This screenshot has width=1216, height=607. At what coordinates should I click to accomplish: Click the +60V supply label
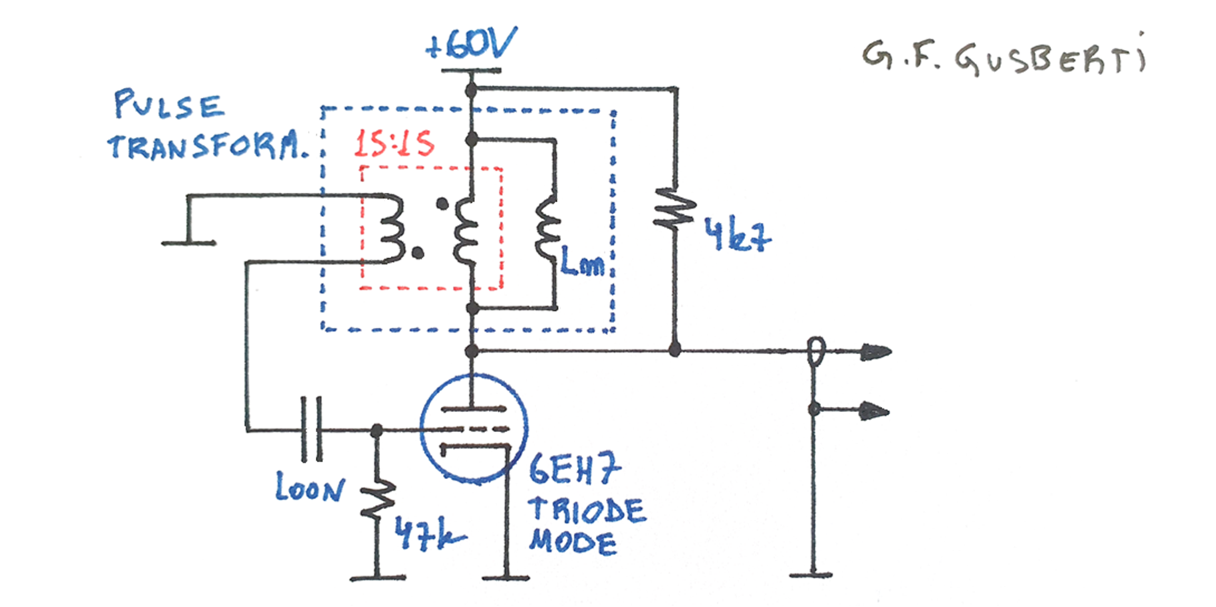point(470,46)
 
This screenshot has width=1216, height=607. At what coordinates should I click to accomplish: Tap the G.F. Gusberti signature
point(1003,57)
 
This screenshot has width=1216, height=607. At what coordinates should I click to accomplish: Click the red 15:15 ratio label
point(394,144)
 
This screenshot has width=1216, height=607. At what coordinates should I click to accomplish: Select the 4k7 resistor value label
point(737,236)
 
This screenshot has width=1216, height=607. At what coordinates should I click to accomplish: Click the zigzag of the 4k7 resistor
point(674,209)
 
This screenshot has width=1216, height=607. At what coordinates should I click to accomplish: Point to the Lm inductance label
point(582,263)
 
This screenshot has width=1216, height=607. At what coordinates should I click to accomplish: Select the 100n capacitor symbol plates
point(312,429)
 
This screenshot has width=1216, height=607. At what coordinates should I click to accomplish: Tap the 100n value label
point(309,488)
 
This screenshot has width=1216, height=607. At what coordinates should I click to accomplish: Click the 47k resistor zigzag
point(377,498)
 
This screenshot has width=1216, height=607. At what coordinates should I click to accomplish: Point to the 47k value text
point(429,533)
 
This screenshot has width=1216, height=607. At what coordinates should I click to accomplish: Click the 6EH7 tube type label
point(574,470)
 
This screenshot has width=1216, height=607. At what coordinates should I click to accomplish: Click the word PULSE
point(169,106)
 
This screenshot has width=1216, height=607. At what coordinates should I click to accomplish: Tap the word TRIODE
point(587,510)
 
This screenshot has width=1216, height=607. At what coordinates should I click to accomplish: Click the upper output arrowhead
point(876,352)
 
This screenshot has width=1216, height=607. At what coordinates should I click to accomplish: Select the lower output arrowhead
point(874,411)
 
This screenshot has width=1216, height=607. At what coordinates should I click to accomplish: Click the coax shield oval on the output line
point(815,352)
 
